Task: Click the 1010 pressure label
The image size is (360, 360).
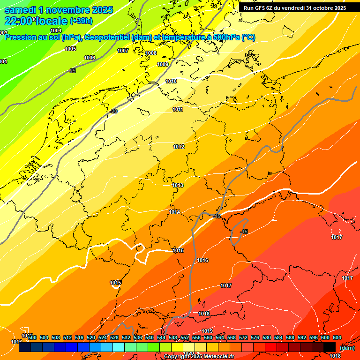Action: [x=171, y=81]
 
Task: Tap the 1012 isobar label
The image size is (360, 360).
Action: [x=179, y=147]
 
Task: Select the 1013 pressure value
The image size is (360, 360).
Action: [x=178, y=185]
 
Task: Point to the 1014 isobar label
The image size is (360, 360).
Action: [x=175, y=212]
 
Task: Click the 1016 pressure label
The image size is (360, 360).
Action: [x=202, y=260]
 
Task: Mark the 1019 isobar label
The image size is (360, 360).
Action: [x=208, y=331]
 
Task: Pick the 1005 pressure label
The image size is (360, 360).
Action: [x=70, y=49]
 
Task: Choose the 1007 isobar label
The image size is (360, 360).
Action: [x=123, y=51]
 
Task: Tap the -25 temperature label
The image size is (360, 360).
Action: [x=72, y=71]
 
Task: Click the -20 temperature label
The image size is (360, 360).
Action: [x=114, y=111]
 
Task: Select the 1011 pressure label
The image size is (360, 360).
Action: [x=178, y=109]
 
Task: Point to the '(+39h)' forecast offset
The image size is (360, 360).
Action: [x=81, y=21]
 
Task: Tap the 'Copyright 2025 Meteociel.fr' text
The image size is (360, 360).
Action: [x=199, y=357]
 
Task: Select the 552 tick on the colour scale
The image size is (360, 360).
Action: [x=185, y=337]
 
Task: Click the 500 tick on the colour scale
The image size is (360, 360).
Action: [x=32, y=337]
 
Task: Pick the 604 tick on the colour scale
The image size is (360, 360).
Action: [x=337, y=337]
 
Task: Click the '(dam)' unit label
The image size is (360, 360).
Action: [x=347, y=348]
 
